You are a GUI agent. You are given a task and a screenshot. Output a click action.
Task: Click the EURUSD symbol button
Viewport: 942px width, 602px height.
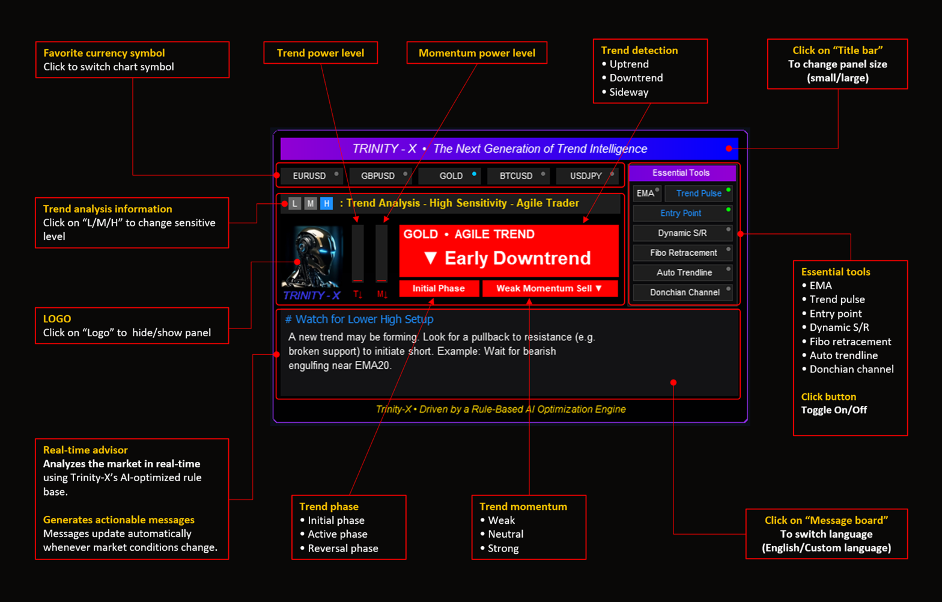(x=310, y=176)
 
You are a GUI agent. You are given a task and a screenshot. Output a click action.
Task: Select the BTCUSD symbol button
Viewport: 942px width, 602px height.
(x=517, y=176)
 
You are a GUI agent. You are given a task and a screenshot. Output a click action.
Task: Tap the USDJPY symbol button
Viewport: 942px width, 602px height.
(x=586, y=176)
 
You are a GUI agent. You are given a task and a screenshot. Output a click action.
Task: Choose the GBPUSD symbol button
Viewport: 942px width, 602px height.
(x=378, y=176)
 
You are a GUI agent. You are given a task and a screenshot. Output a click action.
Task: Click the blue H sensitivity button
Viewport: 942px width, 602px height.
(x=326, y=203)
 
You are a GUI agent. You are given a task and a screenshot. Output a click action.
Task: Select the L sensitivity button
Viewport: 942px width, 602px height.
(x=294, y=203)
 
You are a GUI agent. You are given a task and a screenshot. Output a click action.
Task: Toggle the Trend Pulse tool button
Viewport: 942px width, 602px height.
(x=699, y=193)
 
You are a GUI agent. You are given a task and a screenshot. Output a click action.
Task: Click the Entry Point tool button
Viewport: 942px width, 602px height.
(x=681, y=213)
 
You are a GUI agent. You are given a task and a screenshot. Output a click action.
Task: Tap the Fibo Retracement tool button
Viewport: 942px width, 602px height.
(x=683, y=253)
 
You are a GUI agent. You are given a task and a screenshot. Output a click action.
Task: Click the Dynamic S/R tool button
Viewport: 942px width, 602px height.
(x=682, y=233)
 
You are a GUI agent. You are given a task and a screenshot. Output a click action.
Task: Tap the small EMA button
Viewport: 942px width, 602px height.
(x=646, y=193)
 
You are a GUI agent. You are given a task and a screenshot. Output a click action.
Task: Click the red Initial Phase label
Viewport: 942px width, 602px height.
(x=439, y=288)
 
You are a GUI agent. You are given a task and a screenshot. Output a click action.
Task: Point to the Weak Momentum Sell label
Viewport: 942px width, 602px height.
(x=549, y=288)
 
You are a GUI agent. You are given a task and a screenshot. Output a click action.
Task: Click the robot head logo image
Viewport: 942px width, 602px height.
(x=312, y=257)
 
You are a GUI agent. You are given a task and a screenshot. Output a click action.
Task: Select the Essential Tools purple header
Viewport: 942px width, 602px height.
(x=681, y=173)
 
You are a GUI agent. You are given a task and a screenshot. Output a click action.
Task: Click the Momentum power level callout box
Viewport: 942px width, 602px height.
(x=476, y=53)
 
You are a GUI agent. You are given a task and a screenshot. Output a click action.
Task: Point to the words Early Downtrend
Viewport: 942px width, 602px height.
(x=517, y=258)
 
